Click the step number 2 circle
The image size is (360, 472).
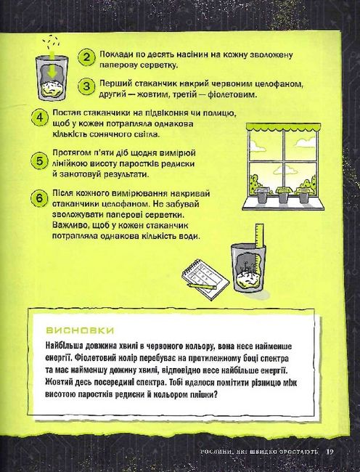[x=86, y=57]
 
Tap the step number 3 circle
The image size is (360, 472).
[x=86, y=86]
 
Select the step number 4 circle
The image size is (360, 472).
[x=40, y=118]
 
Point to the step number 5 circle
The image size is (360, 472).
[x=39, y=161]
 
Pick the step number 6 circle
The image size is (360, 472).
[x=39, y=199]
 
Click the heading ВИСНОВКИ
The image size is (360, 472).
[x=80, y=330]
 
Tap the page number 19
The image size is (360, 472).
[x=330, y=452]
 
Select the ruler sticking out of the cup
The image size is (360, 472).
[x=259, y=235]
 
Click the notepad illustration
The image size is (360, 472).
[x=205, y=280]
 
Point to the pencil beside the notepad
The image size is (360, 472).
[x=202, y=286]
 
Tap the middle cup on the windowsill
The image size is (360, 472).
[x=282, y=195]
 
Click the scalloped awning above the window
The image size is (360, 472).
[x=283, y=127]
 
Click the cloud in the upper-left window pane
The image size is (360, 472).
[x=257, y=147]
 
